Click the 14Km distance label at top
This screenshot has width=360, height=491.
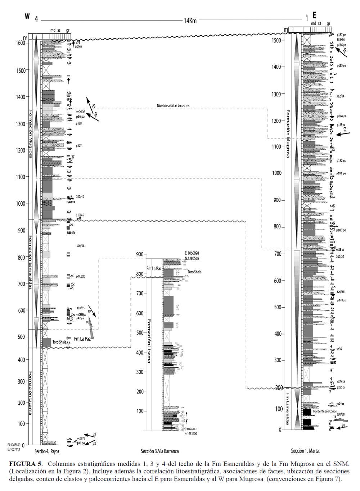pos(190,21)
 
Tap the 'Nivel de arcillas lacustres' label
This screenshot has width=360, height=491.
pos(173,105)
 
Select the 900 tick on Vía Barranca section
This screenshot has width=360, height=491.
pos(140,254)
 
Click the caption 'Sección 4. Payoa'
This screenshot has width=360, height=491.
pos(47,451)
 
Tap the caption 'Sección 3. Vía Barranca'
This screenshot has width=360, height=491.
pos(159,451)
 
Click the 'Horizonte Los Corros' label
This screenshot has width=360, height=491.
pos(325,411)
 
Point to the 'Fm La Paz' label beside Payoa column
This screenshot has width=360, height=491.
pos(82,339)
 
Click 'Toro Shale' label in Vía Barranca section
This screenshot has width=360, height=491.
pos(194,272)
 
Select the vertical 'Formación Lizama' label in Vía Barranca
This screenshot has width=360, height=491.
pos(149,341)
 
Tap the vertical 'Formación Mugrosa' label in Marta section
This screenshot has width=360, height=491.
pos(288,134)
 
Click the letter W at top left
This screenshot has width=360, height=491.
pos(27,16)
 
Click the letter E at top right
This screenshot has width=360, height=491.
pos(314,15)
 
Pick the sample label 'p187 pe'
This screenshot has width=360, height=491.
pos(341,35)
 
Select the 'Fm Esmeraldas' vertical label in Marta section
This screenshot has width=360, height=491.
pos(288,409)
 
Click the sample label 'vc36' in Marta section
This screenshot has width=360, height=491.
pos(339,349)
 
